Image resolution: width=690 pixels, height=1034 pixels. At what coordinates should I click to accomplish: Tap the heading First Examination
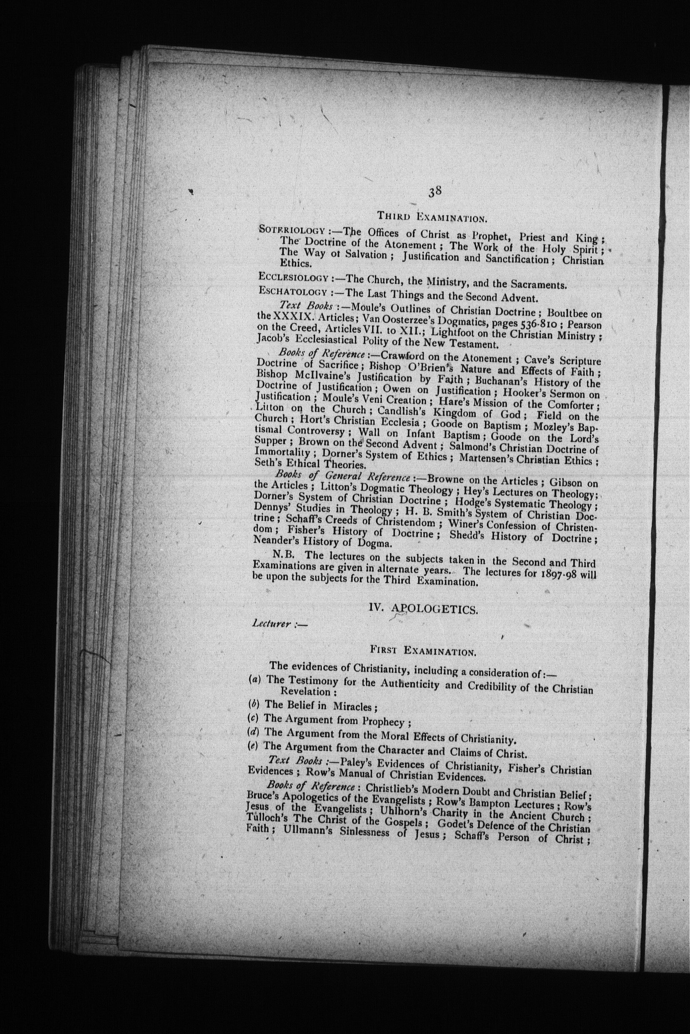click(422, 650)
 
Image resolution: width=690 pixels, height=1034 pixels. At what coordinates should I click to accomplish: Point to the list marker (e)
click(254, 745)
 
